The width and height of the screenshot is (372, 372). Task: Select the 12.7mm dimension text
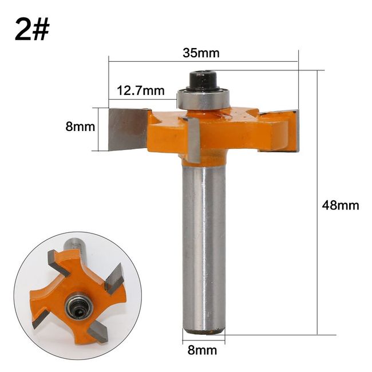tap(141, 90)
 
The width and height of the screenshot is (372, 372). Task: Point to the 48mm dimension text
tap(341, 205)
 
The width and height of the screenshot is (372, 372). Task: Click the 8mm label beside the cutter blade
tap(80, 127)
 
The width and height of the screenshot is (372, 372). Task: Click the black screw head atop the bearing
tap(203, 80)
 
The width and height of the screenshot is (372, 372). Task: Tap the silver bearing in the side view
tap(203, 99)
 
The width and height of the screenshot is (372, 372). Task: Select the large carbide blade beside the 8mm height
tap(128, 129)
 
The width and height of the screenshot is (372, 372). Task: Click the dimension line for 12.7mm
tap(143, 98)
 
